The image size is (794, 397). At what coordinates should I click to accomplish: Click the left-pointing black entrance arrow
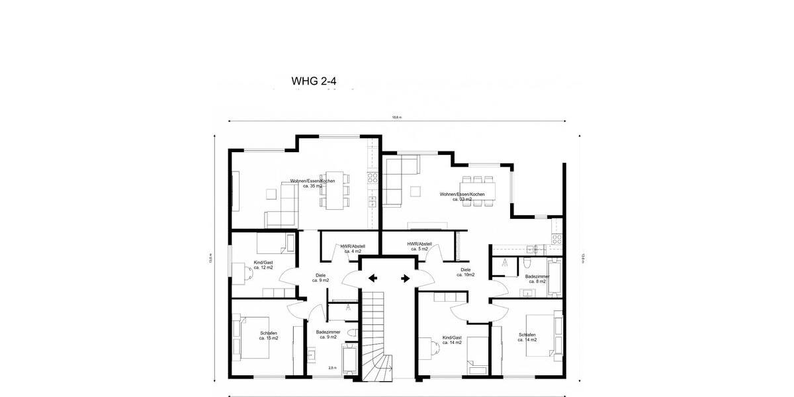tap(373, 278)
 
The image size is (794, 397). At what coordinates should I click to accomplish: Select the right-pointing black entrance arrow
tap(404, 278)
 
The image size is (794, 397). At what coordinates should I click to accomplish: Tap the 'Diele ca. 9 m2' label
tap(320, 278)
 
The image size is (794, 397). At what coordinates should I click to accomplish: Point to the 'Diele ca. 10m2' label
tap(466, 272)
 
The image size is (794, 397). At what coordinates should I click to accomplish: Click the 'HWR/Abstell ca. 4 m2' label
tap(352, 249)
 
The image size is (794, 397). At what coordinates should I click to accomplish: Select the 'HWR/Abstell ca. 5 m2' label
tap(419, 246)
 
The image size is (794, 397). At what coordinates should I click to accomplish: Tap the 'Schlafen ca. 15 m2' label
tap(269, 335)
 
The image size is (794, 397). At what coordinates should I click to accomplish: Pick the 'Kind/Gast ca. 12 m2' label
tap(263, 265)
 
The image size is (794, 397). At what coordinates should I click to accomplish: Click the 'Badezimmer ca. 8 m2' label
tap(537, 279)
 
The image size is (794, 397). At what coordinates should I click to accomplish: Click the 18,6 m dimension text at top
tap(396, 117)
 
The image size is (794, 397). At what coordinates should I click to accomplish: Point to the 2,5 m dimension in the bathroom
tap(332, 368)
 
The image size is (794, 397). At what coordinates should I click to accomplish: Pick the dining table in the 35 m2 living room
tap(338, 195)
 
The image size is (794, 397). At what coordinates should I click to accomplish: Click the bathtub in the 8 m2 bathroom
tap(554, 277)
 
